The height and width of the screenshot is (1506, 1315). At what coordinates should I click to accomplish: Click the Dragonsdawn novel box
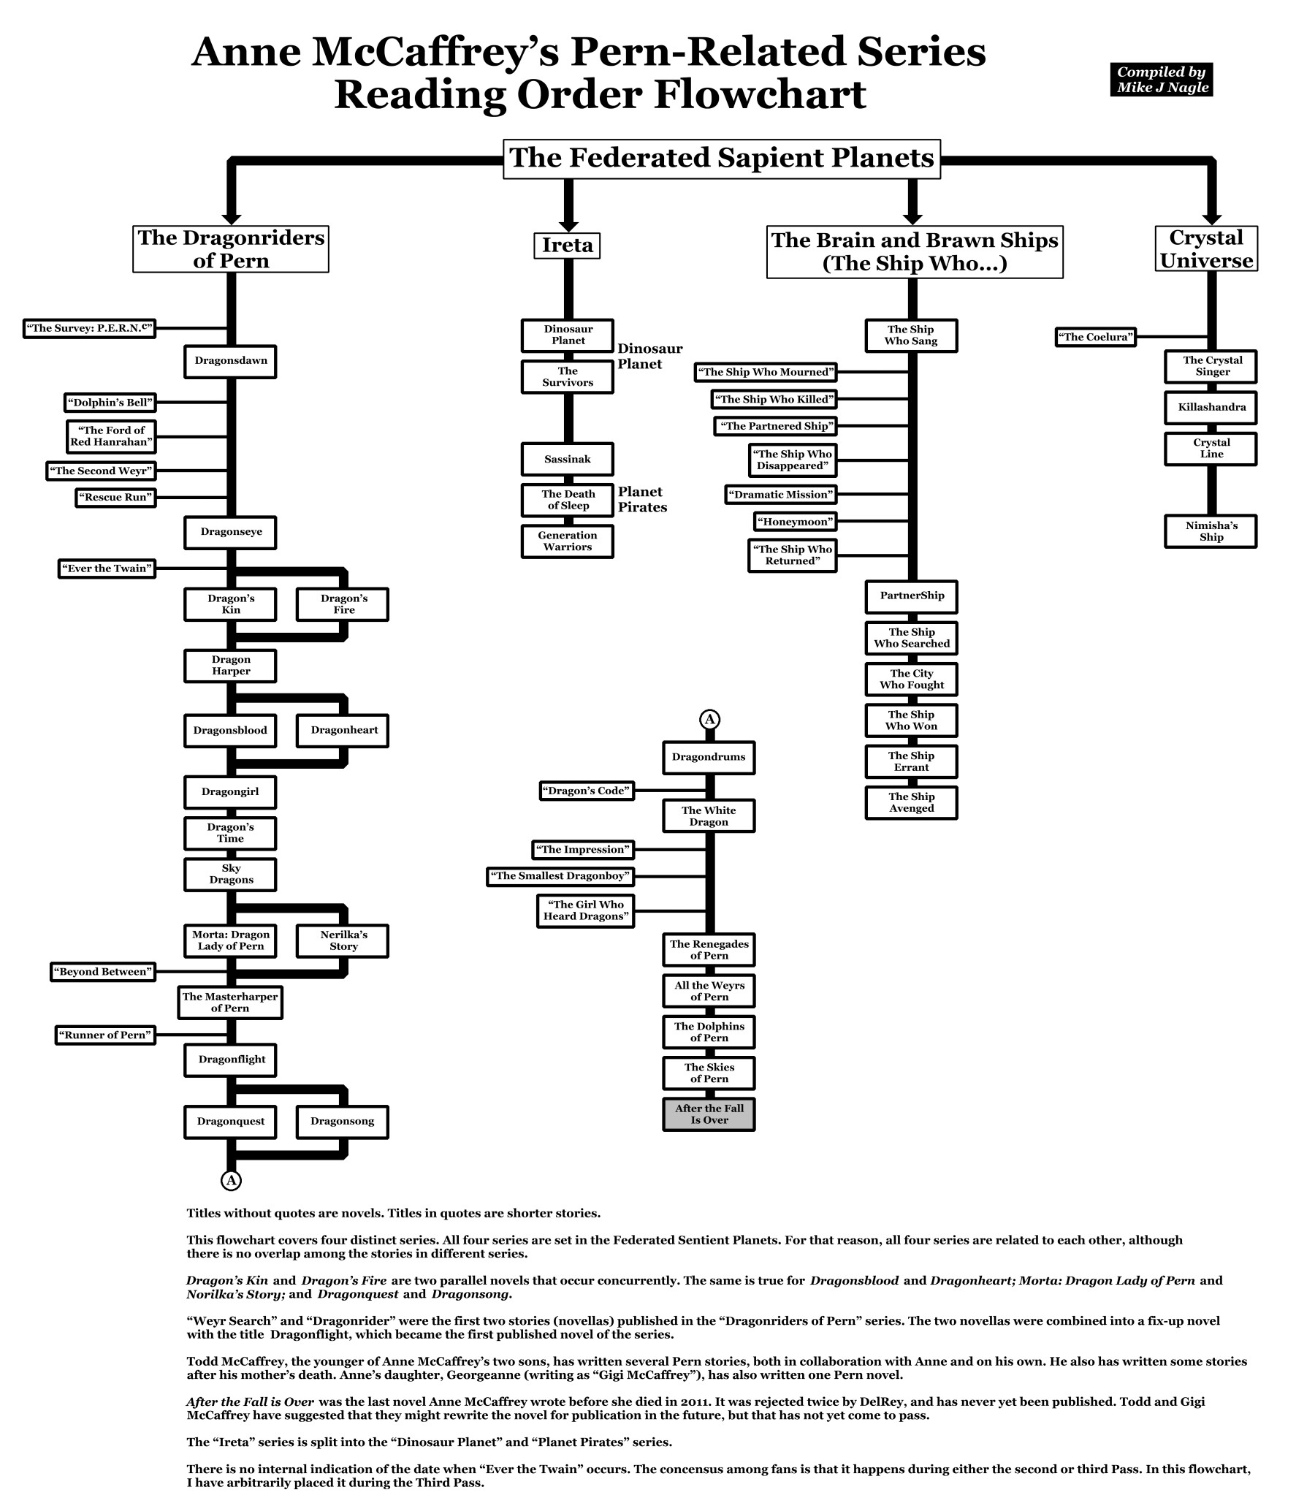pos(229,361)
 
